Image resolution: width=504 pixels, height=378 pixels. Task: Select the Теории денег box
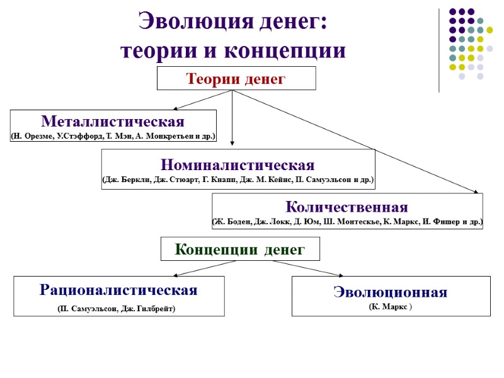[236, 79]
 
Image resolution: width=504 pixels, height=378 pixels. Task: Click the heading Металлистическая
[113, 120]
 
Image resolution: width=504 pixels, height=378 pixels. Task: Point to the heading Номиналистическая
[238, 165]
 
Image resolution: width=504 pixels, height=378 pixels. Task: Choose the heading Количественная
[346, 207]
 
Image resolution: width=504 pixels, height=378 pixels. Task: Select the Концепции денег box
[240, 249]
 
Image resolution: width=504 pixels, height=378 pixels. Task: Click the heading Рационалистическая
[118, 290]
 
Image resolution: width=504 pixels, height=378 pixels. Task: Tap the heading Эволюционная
[390, 292]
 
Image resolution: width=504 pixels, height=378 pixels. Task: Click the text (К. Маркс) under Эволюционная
[390, 306]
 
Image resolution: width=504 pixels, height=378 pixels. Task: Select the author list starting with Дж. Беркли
[238, 180]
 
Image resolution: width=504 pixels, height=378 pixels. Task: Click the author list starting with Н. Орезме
[113, 135]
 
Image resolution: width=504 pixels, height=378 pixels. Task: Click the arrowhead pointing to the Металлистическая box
[175, 108]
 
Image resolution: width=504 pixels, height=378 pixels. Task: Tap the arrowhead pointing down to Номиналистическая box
[232, 142]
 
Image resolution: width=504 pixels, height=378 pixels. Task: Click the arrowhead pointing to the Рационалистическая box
[176, 275]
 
